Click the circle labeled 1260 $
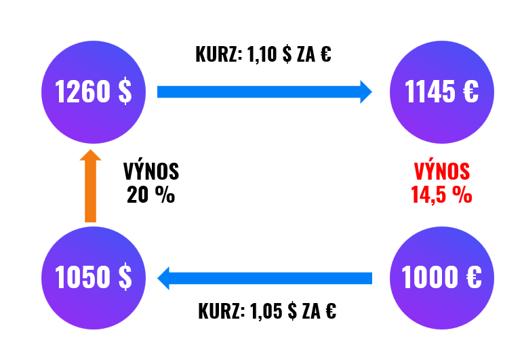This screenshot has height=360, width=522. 94,92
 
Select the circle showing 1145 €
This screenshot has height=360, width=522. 442,92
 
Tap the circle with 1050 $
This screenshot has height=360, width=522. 94,278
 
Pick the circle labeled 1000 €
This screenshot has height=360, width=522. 442,278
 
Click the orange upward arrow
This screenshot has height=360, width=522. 90,186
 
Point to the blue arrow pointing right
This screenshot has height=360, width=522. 264,92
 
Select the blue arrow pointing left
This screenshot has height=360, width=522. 264,278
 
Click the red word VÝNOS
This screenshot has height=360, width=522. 442,171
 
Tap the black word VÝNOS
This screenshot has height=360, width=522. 151,171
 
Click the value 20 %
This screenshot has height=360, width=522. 150,195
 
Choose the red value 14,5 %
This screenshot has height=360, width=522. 441,195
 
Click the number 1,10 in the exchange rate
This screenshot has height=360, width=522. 262,54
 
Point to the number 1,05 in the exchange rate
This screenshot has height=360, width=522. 266,311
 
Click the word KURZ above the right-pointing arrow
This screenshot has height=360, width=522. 218,54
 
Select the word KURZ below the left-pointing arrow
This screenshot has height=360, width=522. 222,311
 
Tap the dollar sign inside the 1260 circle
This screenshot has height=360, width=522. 125,92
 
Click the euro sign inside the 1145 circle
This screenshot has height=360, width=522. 470,91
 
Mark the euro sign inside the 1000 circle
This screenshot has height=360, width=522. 474,277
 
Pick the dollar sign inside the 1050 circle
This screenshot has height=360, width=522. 125,277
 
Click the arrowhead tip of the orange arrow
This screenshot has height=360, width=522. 90,150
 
